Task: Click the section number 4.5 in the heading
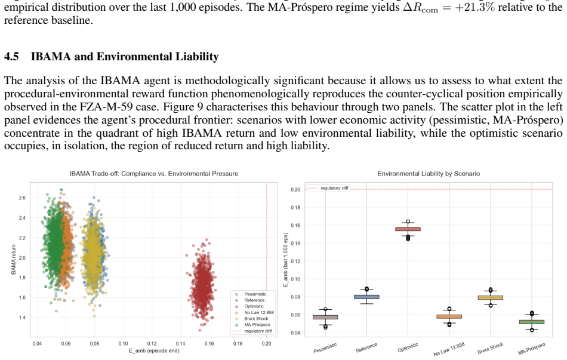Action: click(x=11, y=57)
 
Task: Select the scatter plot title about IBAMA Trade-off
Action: click(x=153, y=174)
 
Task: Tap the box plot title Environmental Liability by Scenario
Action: click(x=429, y=174)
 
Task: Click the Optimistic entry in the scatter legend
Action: click(x=254, y=306)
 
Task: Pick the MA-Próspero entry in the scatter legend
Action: click(x=257, y=325)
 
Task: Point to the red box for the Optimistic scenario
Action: click(x=408, y=229)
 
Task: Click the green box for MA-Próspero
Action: click(x=532, y=322)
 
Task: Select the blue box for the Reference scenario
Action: click(x=366, y=297)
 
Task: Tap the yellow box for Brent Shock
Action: click(x=491, y=298)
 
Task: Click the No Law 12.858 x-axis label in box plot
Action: click(x=449, y=349)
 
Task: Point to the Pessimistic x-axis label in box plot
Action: click(x=325, y=347)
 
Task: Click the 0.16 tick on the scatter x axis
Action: click(x=209, y=343)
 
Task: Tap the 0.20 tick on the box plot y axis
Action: click(x=295, y=189)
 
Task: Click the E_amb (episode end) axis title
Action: click(x=154, y=350)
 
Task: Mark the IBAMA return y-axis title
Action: click(x=14, y=260)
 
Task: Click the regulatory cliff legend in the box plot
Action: click(x=328, y=188)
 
